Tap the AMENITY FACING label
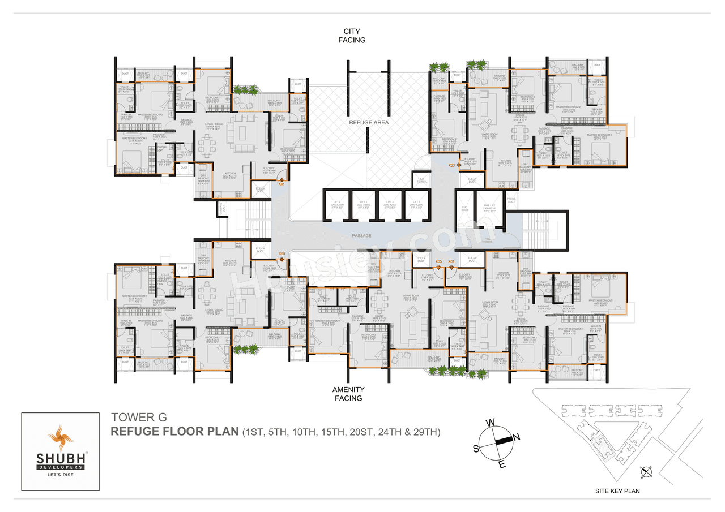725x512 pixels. (x=348, y=394)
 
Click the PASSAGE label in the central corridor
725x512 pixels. (x=361, y=235)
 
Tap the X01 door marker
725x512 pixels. (x=282, y=183)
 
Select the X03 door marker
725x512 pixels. (x=451, y=165)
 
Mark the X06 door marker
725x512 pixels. (x=282, y=254)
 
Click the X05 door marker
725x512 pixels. (x=438, y=261)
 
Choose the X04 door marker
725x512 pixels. (x=451, y=261)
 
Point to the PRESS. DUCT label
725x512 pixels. (x=511, y=200)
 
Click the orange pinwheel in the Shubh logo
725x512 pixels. (x=60, y=437)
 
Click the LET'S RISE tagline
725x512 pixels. (x=60, y=474)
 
